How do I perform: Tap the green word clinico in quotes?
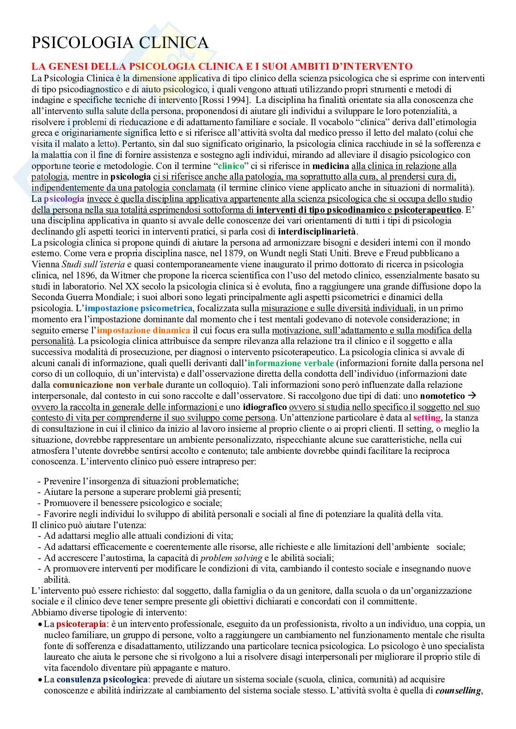tap(231, 166)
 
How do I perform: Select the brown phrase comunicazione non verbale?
tap(108, 385)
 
